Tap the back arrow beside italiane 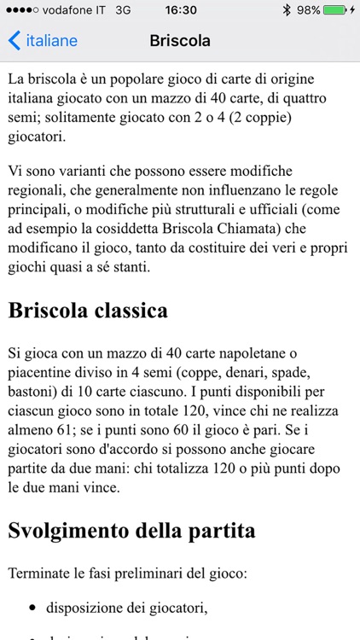click(14, 40)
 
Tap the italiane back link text click(51, 40)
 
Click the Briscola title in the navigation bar click(180, 40)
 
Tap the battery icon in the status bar click(334, 10)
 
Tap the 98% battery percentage click(308, 10)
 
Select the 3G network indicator click(122, 10)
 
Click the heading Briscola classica click(88, 311)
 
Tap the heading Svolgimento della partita click(131, 531)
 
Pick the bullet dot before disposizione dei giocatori click(32, 608)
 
